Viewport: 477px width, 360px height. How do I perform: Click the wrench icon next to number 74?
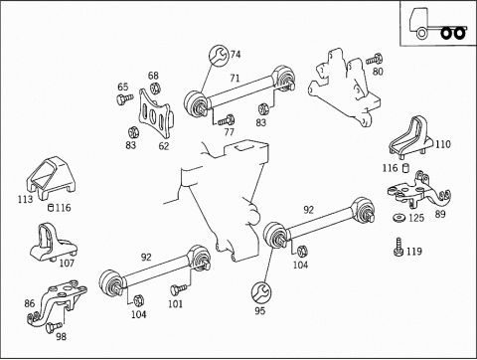[218, 55]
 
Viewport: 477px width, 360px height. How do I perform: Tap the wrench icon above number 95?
[261, 292]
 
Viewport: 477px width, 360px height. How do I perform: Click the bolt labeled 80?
[375, 60]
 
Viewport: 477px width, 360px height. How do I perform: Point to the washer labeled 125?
[399, 218]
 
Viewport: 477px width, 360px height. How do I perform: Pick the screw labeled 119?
[398, 247]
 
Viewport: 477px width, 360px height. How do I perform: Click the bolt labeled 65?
[124, 99]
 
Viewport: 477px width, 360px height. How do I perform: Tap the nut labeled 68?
[155, 89]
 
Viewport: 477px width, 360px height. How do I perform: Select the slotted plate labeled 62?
[155, 112]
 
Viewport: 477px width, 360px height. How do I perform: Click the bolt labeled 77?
[226, 120]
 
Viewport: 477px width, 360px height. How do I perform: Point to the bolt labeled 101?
[178, 289]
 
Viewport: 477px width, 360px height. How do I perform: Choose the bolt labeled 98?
[53, 326]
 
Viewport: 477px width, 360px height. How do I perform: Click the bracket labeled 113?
[51, 177]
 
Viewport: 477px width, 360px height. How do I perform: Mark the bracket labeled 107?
[53, 242]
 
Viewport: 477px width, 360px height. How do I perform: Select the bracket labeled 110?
[410, 136]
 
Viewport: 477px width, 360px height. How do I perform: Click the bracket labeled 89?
[418, 190]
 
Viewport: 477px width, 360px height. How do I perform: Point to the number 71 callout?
[235, 79]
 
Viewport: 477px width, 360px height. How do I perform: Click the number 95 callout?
[260, 311]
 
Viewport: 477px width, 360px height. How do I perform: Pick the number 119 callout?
[413, 252]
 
